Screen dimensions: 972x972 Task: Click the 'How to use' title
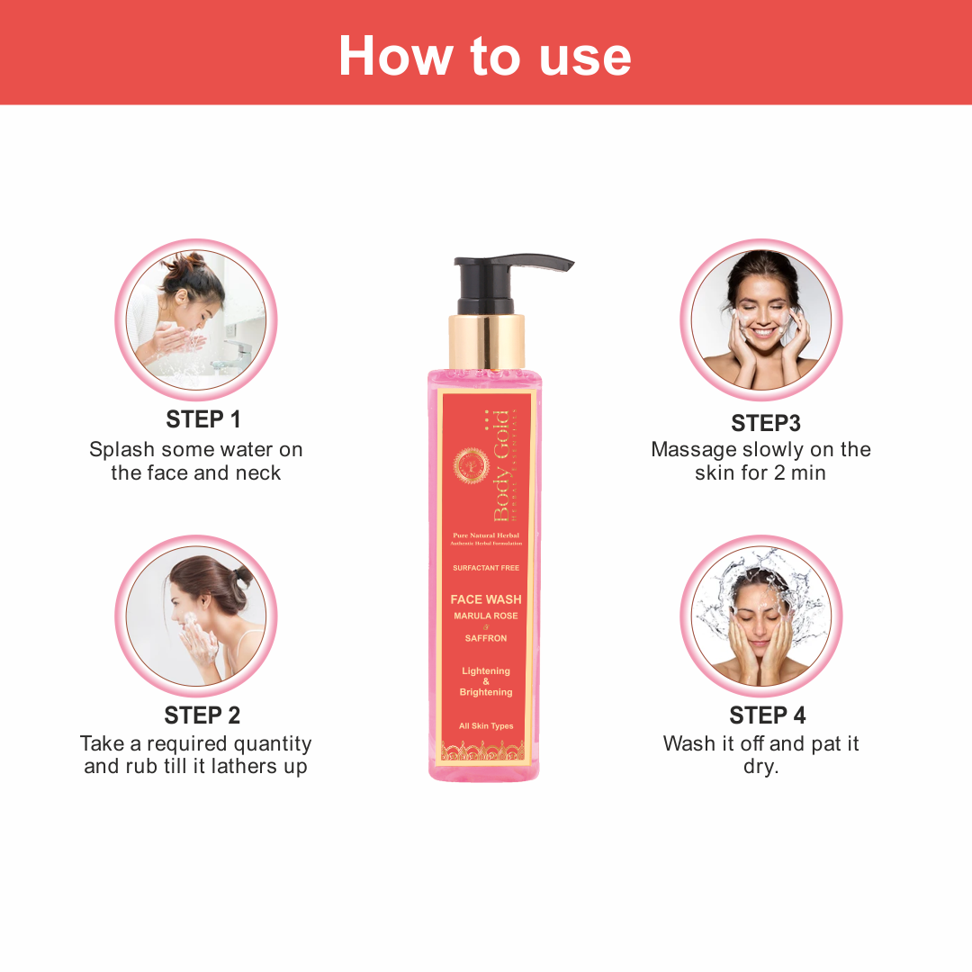485,56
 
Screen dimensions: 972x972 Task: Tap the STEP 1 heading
203,419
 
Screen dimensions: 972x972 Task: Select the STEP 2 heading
202,715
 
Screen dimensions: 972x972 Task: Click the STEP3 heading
766,423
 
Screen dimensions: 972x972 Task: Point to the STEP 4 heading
768,715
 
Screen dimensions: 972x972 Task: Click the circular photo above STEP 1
196,319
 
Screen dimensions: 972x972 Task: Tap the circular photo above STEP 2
196,616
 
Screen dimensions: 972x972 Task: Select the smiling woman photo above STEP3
760,319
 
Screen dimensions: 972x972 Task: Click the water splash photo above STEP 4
760,616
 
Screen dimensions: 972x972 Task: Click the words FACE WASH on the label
486,599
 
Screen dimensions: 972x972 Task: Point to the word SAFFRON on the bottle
486,638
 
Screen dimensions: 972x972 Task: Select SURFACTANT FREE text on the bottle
486,568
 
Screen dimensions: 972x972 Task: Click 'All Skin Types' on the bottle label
486,726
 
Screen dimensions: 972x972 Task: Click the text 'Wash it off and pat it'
761,744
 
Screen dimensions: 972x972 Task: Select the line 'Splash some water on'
196,450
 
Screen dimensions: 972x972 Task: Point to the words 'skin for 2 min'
760,473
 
